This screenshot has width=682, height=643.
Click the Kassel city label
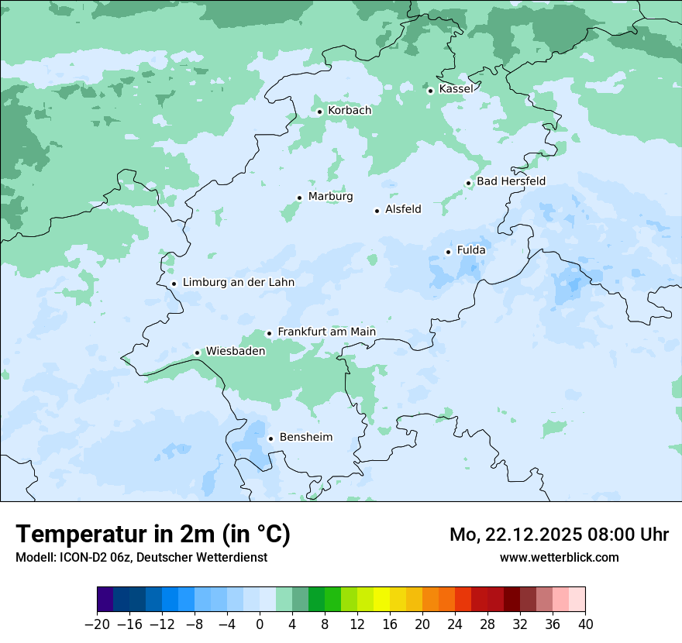[x=456, y=89]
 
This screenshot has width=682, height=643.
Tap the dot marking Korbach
[x=319, y=112]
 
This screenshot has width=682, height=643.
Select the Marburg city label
[x=330, y=197]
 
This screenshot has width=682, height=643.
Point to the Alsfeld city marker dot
[x=377, y=211]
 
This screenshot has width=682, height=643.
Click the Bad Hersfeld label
[x=511, y=181]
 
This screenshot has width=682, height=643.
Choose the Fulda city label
[x=471, y=250]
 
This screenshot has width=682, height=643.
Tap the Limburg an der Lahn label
[x=238, y=283]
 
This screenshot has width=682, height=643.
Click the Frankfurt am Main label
[x=326, y=332]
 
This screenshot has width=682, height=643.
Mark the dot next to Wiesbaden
[x=197, y=352]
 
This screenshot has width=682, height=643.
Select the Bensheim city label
[x=305, y=438]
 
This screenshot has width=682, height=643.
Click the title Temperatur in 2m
[x=153, y=535]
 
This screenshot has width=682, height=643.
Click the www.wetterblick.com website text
[x=559, y=558]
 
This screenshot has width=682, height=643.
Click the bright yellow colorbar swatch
[x=381, y=600]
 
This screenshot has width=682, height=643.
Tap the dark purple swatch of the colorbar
[x=105, y=600]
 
